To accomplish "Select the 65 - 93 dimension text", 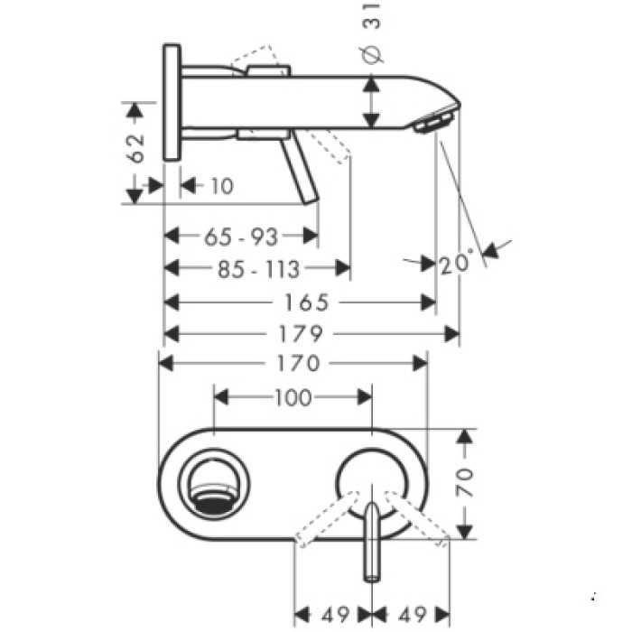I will pos(241,237).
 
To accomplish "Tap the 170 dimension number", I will pos(293,363).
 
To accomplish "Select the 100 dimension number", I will pos(292,396).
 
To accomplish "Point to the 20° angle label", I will pos(458,264).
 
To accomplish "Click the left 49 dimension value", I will pos(334,616).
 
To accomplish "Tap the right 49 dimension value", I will pos(413,616).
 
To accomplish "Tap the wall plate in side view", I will pos(172,101).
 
